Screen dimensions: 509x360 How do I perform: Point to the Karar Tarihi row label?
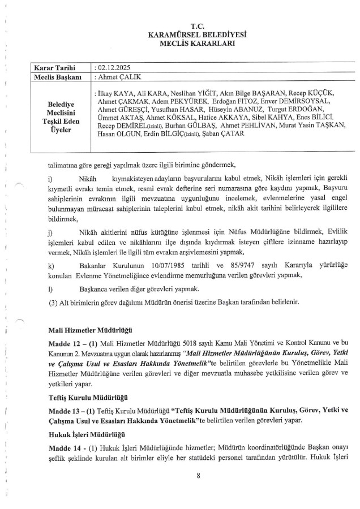[54, 67]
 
